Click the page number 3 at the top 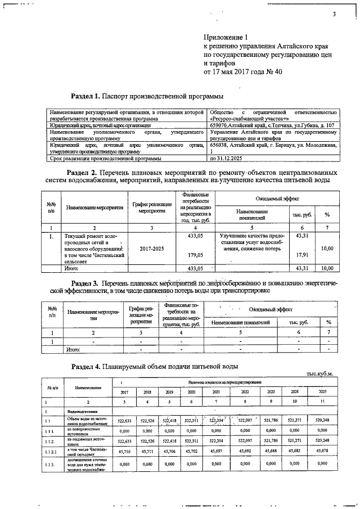click(334, 15)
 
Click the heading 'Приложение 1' click(224, 37)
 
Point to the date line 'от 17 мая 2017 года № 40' click(242, 72)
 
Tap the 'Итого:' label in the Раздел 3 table click(73, 349)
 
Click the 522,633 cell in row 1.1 click(124, 421)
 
